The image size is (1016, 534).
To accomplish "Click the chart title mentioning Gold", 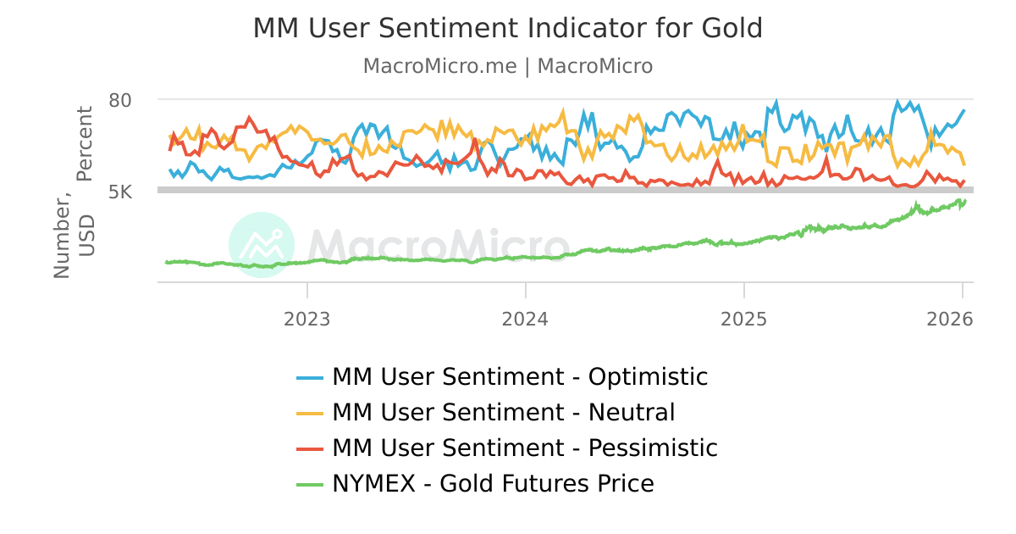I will click(508, 28).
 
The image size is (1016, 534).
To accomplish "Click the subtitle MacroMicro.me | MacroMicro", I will click(508, 66).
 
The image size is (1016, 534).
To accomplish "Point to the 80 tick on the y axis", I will click(120, 100).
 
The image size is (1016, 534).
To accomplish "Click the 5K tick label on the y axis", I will click(120, 192).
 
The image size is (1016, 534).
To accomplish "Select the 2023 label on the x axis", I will click(306, 320).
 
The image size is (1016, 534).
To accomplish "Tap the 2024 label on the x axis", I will click(525, 320).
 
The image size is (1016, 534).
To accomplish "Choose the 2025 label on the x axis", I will click(743, 320).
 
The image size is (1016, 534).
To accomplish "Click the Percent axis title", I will click(85, 144).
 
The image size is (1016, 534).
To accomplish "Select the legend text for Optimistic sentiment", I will click(520, 376).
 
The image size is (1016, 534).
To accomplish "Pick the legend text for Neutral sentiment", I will click(504, 413).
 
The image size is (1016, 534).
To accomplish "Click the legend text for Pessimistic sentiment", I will click(525, 448).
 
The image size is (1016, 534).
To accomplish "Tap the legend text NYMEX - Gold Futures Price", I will click(493, 484).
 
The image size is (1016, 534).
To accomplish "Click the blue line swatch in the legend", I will click(310, 377).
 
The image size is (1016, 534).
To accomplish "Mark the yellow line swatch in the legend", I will click(310, 413).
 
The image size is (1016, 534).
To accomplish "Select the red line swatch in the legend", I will click(310, 448).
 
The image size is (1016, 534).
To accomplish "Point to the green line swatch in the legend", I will click(310, 484).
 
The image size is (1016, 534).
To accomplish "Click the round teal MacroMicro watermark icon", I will click(262, 245).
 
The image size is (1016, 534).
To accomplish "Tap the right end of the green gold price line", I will click(964, 201).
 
